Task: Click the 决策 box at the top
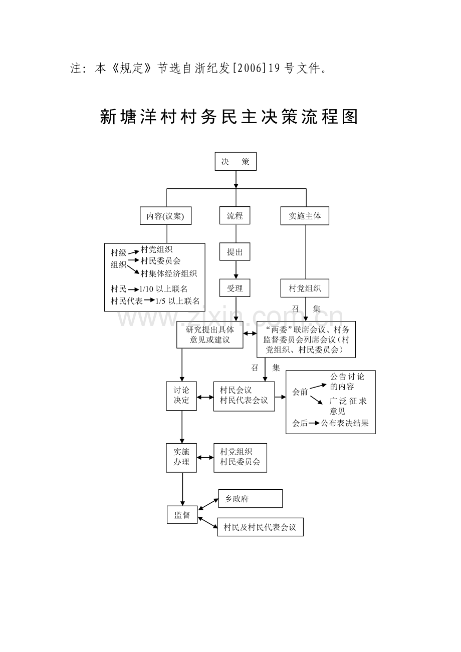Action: (236, 161)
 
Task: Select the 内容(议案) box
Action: (166, 216)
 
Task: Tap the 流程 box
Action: (235, 216)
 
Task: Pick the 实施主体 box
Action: (305, 216)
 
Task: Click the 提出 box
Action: (235, 252)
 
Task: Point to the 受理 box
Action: (235, 288)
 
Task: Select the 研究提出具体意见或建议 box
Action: (210, 335)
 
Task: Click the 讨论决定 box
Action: (181, 396)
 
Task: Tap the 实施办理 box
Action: (181, 457)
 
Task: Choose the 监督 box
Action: (182, 515)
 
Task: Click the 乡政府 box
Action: (250, 499)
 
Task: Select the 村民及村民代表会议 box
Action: (260, 527)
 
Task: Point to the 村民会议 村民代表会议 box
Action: (244, 396)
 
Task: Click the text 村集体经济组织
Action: (169, 273)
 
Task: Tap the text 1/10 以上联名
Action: (164, 288)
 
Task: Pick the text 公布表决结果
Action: (345, 423)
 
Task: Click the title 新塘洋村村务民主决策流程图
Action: (229, 117)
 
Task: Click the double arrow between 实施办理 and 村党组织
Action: (205, 457)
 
